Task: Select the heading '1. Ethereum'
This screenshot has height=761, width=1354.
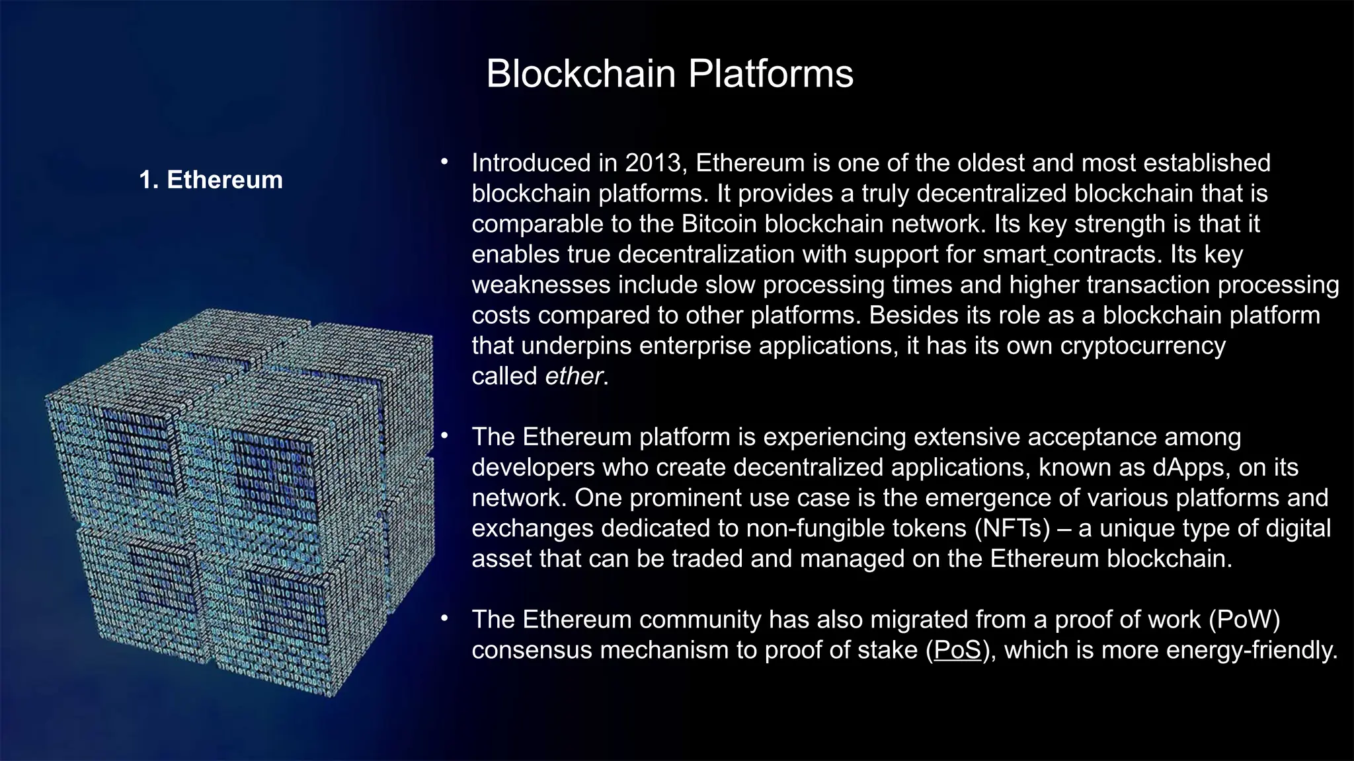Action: pyautogui.click(x=211, y=180)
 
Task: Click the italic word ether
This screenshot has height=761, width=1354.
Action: pyautogui.click(x=574, y=376)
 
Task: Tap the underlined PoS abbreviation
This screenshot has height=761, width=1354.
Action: pyautogui.click(x=957, y=650)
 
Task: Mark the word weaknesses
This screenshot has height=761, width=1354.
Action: pyautogui.click(x=541, y=285)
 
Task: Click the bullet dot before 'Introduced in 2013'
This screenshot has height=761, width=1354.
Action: pyautogui.click(x=445, y=162)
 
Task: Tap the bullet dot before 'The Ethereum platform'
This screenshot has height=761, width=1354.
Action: pyautogui.click(x=445, y=436)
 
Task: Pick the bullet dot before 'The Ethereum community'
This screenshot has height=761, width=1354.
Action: pyautogui.click(x=445, y=618)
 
